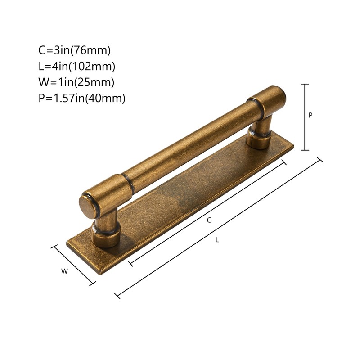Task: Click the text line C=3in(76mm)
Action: point(74,50)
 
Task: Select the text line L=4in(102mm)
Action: point(76,66)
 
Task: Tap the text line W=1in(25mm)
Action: point(76,82)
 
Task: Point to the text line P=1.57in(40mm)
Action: point(82,98)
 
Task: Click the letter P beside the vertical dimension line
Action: point(310,115)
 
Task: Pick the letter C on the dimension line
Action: point(209,220)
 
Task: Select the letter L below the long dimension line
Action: point(217,240)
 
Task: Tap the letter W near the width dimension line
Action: point(64,271)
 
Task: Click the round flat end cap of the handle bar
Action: point(88,205)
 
